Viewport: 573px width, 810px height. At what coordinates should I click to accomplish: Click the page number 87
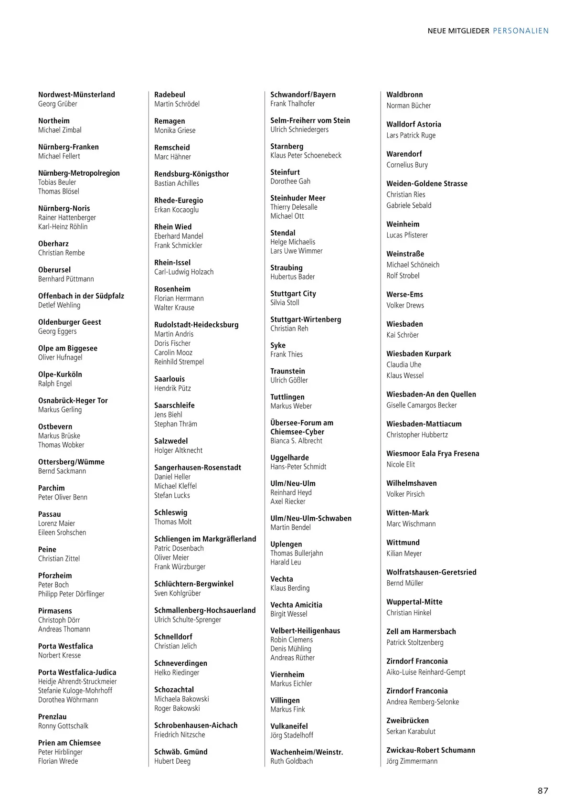[543, 790]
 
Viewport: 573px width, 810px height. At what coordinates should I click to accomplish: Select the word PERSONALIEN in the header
[520, 31]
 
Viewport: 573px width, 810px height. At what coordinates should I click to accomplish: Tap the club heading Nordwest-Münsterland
[76, 95]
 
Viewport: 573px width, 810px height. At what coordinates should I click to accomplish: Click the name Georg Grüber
[57, 104]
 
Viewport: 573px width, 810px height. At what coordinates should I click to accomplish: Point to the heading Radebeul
[170, 95]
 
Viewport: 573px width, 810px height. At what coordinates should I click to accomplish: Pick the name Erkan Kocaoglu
[176, 210]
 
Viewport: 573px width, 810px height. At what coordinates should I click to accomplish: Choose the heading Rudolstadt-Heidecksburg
[196, 325]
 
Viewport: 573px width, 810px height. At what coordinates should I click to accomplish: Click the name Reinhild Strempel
[179, 362]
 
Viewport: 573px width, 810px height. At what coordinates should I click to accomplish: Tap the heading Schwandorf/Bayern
[303, 95]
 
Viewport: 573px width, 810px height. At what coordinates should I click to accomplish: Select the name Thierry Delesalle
[294, 207]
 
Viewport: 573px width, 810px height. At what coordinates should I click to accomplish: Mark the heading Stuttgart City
[293, 294]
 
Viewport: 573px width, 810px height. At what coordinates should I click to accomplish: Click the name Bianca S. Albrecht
[296, 441]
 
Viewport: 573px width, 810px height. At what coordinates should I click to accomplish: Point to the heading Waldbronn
[404, 95]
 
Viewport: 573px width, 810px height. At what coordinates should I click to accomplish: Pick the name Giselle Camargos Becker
[421, 405]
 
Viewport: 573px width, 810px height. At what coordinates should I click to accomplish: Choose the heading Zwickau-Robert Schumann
[430, 750]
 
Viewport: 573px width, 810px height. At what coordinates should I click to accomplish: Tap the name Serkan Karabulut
[411, 731]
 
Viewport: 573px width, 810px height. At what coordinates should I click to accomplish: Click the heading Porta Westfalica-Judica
[77, 672]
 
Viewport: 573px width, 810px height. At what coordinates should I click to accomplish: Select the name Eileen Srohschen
[62, 532]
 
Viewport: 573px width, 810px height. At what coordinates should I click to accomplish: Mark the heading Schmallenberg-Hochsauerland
[205, 610]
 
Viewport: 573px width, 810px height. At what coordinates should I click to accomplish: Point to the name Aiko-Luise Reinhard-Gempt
[425, 672]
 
